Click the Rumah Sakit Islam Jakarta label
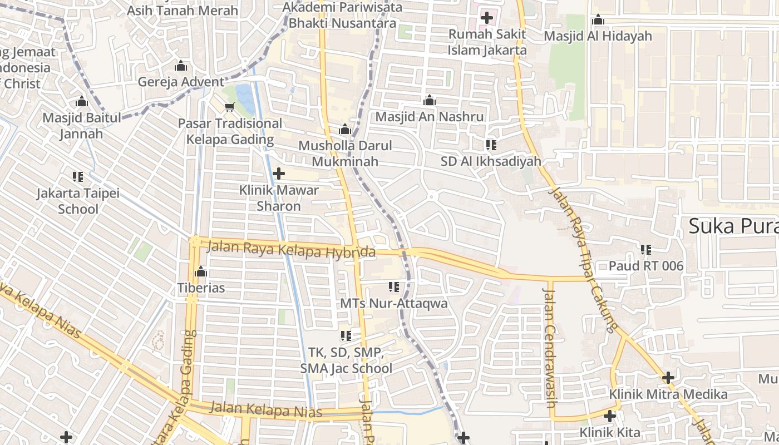tap(487, 42)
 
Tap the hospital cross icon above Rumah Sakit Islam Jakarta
tap(487, 18)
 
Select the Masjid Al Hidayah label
tap(598, 36)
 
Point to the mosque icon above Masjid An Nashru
tap(430, 101)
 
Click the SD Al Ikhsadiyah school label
tap(491, 161)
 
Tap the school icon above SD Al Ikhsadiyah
tap(491, 145)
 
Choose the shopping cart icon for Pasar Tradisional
tap(229, 107)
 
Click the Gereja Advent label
tap(181, 82)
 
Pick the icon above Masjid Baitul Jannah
tap(82, 102)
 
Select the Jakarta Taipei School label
tap(78, 201)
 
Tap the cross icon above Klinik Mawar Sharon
tap(279, 174)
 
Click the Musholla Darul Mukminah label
tap(345, 154)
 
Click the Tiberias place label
tap(201, 288)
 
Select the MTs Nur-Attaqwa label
tap(393, 303)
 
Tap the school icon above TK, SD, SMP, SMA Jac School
tap(346, 336)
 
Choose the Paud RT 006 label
tap(645, 266)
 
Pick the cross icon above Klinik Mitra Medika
tap(668, 378)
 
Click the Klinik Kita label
tap(610, 432)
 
